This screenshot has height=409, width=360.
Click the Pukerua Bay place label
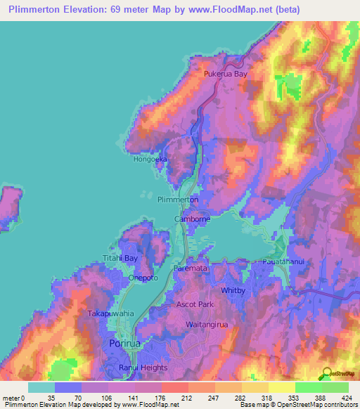click(x=226, y=73)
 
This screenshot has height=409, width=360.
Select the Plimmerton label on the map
click(x=178, y=200)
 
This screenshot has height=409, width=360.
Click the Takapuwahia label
click(x=107, y=313)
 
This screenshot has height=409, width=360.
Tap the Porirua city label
click(x=126, y=343)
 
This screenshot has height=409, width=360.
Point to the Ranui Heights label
click(x=144, y=368)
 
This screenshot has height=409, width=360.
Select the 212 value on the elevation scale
click(x=167, y=397)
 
